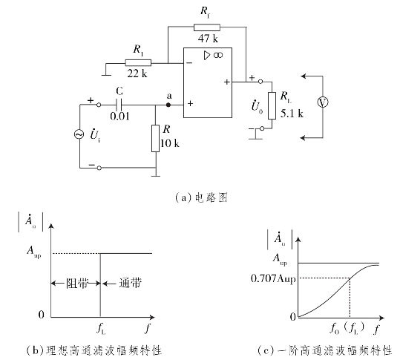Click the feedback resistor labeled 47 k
coord(206,27)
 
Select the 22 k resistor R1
coord(138,63)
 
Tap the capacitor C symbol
coord(119,105)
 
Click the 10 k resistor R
coord(155,138)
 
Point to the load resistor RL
coord(272,105)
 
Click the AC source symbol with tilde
coord(79,134)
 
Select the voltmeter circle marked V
coord(323,102)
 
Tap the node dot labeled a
coord(168,105)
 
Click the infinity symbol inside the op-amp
coord(218,55)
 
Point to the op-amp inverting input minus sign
coord(189,63)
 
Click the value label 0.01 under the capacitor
coord(120,117)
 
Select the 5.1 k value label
coord(292,114)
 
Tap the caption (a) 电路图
coord(201,197)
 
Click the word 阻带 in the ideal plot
coord(77,284)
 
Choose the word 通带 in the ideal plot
coord(131,283)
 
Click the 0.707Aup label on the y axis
coord(273,278)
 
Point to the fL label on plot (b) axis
coord(101,329)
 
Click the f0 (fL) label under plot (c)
coord(347,328)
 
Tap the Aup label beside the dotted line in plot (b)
coord(34,252)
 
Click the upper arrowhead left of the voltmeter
coord(303,76)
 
